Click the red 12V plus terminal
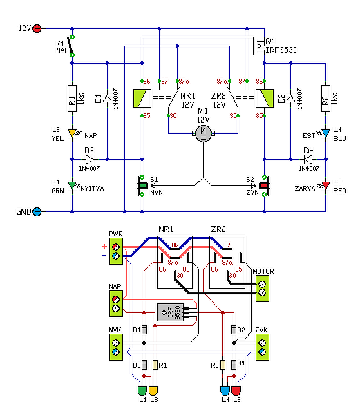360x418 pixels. tap(37, 28)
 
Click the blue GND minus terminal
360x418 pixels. tap(37, 211)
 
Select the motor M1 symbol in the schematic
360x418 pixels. tap(203, 133)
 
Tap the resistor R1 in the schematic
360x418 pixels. tap(73, 98)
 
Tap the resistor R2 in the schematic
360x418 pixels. tap(325, 98)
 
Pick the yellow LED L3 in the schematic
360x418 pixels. tap(73, 133)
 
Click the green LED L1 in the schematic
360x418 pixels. tap(73, 186)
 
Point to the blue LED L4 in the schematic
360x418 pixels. tap(325, 133)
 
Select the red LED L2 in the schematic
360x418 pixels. tap(325, 186)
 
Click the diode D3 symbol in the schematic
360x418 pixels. tap(89, 160)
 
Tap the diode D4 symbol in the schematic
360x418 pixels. tap(308, 160)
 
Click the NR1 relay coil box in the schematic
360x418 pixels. tap(142, 98)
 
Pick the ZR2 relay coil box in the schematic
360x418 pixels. tap(265, 98)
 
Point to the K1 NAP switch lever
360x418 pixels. tap(70, 46)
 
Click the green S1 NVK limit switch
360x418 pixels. tap(142, 186)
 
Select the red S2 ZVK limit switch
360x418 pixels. tap(265, 186)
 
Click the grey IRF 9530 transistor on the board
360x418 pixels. tap(170, 312)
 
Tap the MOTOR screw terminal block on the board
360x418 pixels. tap(263, 288)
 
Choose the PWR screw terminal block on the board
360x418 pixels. tap(116, 251)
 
